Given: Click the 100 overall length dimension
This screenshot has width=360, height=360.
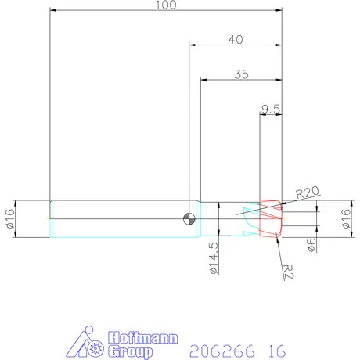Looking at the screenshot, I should (165, 5).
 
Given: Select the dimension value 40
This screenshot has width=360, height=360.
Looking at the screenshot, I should (235, 38).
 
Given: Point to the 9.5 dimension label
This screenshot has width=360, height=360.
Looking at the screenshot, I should (271, 110).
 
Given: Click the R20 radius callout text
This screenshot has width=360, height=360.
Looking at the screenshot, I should (308, 192).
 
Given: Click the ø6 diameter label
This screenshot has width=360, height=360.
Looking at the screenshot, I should (311, 245).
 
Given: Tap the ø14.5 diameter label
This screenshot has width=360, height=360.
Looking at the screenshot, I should (213, 259).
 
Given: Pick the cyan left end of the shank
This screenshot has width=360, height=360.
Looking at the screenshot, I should (52, 218).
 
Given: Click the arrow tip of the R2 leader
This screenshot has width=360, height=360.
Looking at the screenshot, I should (277, 238).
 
